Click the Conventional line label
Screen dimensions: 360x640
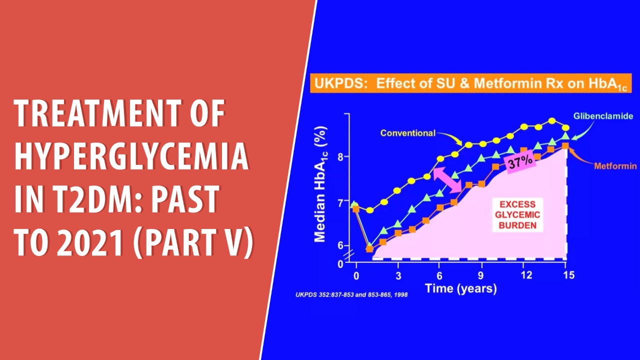[407, 133]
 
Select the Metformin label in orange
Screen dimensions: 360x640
[615, 166]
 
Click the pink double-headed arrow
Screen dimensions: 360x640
[447, 179]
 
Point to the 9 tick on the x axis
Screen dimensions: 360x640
[480, 275]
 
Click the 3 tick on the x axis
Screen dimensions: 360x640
[398, 275]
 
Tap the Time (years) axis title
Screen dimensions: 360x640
[460, 288]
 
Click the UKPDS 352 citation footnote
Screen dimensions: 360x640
[351, 295]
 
